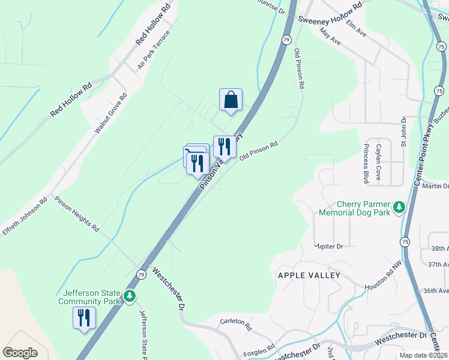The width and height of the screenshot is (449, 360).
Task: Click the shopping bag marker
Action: (x=231, y=100)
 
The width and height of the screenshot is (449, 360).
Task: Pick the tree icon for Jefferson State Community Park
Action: (x=129, y=296)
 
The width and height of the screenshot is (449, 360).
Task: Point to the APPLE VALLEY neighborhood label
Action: (x=309, y=275)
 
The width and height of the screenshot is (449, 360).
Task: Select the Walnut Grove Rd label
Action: (x=111, y=113)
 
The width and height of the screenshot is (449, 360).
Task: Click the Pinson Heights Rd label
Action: (x=77, y=214)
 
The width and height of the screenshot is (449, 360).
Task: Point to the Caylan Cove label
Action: (x=379, y=160)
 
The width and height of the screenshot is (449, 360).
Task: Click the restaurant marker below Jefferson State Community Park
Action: (x=83, y=317)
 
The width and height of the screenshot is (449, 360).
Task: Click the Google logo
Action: (x=20, y=353)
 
